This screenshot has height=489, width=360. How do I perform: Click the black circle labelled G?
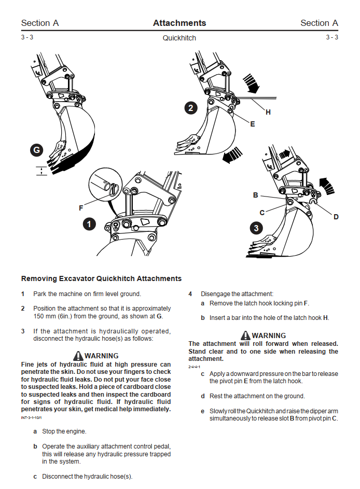tap(36, 151)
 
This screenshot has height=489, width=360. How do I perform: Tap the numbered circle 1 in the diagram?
tap(90, 224)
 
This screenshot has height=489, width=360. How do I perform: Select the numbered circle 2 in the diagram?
tap(191, 108)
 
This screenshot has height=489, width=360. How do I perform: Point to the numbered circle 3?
tap(256, 227)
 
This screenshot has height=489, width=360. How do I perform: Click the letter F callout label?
tap(81, 208)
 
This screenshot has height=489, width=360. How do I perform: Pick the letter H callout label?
tap(268, 112)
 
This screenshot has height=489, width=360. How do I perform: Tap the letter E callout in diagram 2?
tap(252, 124)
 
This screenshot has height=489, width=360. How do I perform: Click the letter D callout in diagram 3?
tap(336, 217)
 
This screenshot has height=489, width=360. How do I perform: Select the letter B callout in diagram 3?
tap(256, 195)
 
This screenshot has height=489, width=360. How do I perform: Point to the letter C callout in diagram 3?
tap(262, 213)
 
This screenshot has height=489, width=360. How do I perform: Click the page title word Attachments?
tap(179, 23)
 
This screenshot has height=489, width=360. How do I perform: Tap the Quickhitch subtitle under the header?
tap(179, 38)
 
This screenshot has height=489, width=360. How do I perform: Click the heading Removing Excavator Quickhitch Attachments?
tap(101, 278)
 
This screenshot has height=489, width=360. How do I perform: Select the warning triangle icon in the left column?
tap(78, 356)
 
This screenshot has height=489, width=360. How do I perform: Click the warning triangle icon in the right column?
tap(246, 336)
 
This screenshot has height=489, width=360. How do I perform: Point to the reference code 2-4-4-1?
tap(195, 367)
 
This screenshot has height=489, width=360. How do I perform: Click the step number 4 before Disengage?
tap(190, 294)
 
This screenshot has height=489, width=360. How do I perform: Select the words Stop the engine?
tap(64, 431)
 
